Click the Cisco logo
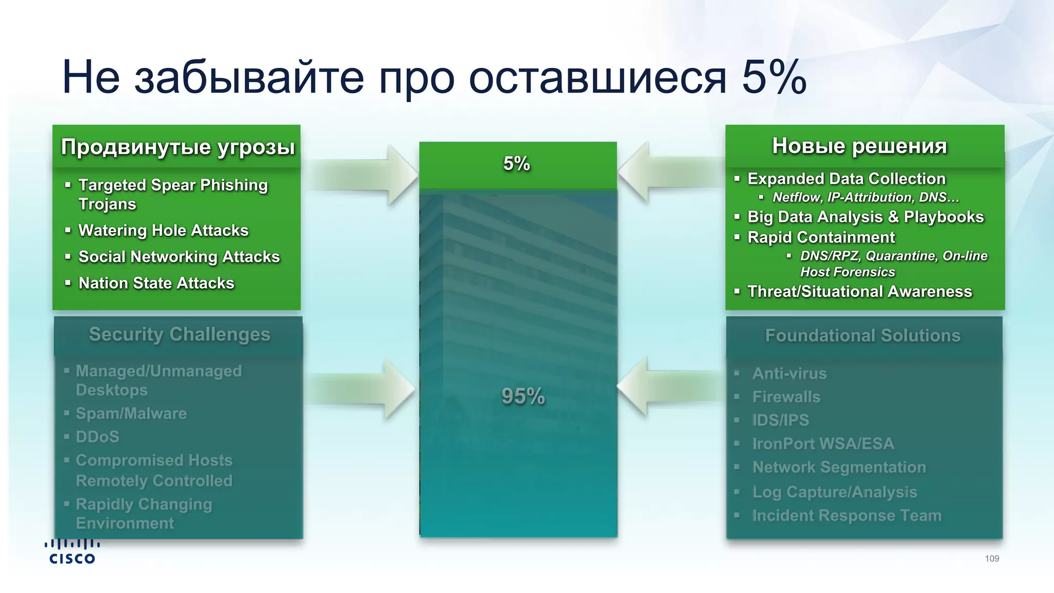point(72,552)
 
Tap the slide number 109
point(992,559)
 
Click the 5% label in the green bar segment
point(517,164)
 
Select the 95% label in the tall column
point(523,396)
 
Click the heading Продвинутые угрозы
point(178,147)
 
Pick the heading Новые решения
point(859,146)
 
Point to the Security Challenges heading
point(179,335)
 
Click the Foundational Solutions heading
point(863,336)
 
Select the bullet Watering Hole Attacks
point(163,230)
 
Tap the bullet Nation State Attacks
point(156,283)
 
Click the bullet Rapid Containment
point(821,237)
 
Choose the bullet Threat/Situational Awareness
point(859,291)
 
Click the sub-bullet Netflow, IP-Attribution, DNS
point(865,197)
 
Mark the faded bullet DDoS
point(97,437)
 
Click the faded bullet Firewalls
point(786,397)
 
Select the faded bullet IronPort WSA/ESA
point(823,444)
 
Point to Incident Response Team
point(847,515)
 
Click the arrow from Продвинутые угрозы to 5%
point(363,176)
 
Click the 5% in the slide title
point(774,77)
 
